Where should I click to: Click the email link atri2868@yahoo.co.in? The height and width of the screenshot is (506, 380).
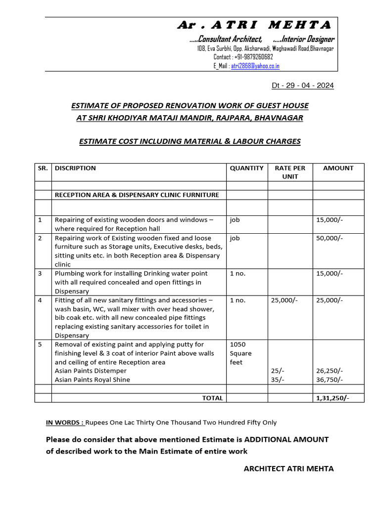click(255, 66)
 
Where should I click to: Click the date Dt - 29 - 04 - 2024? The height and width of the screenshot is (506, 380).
click(303, 85)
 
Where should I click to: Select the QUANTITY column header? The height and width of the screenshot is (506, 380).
click(246, 168)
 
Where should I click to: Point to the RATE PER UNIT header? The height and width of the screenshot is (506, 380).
click(290, 172)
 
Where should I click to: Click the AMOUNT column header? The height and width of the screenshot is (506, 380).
click(338, 168)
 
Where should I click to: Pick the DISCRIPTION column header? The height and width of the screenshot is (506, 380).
click(75, 168)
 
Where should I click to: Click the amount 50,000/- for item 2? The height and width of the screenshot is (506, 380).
click(329, 238)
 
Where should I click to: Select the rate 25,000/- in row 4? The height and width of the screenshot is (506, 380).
click(285, 300)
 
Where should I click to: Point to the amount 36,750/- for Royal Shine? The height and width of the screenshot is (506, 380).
click(330, 379)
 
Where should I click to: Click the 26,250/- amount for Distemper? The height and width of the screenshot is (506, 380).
click(330, 371)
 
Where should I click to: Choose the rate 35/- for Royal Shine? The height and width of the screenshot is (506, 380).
click(278, 379)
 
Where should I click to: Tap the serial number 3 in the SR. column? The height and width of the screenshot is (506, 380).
click(40, 273)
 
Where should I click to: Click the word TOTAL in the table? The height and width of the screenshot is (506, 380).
click(212, 398)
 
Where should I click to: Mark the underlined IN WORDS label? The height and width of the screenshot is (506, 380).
click(65, 422)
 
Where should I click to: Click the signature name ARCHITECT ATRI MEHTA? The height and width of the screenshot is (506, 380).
click(288, 468)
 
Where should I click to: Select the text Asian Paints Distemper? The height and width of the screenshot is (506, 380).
click(91, 371)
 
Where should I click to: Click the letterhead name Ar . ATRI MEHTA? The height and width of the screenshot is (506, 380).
click(254, 25)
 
